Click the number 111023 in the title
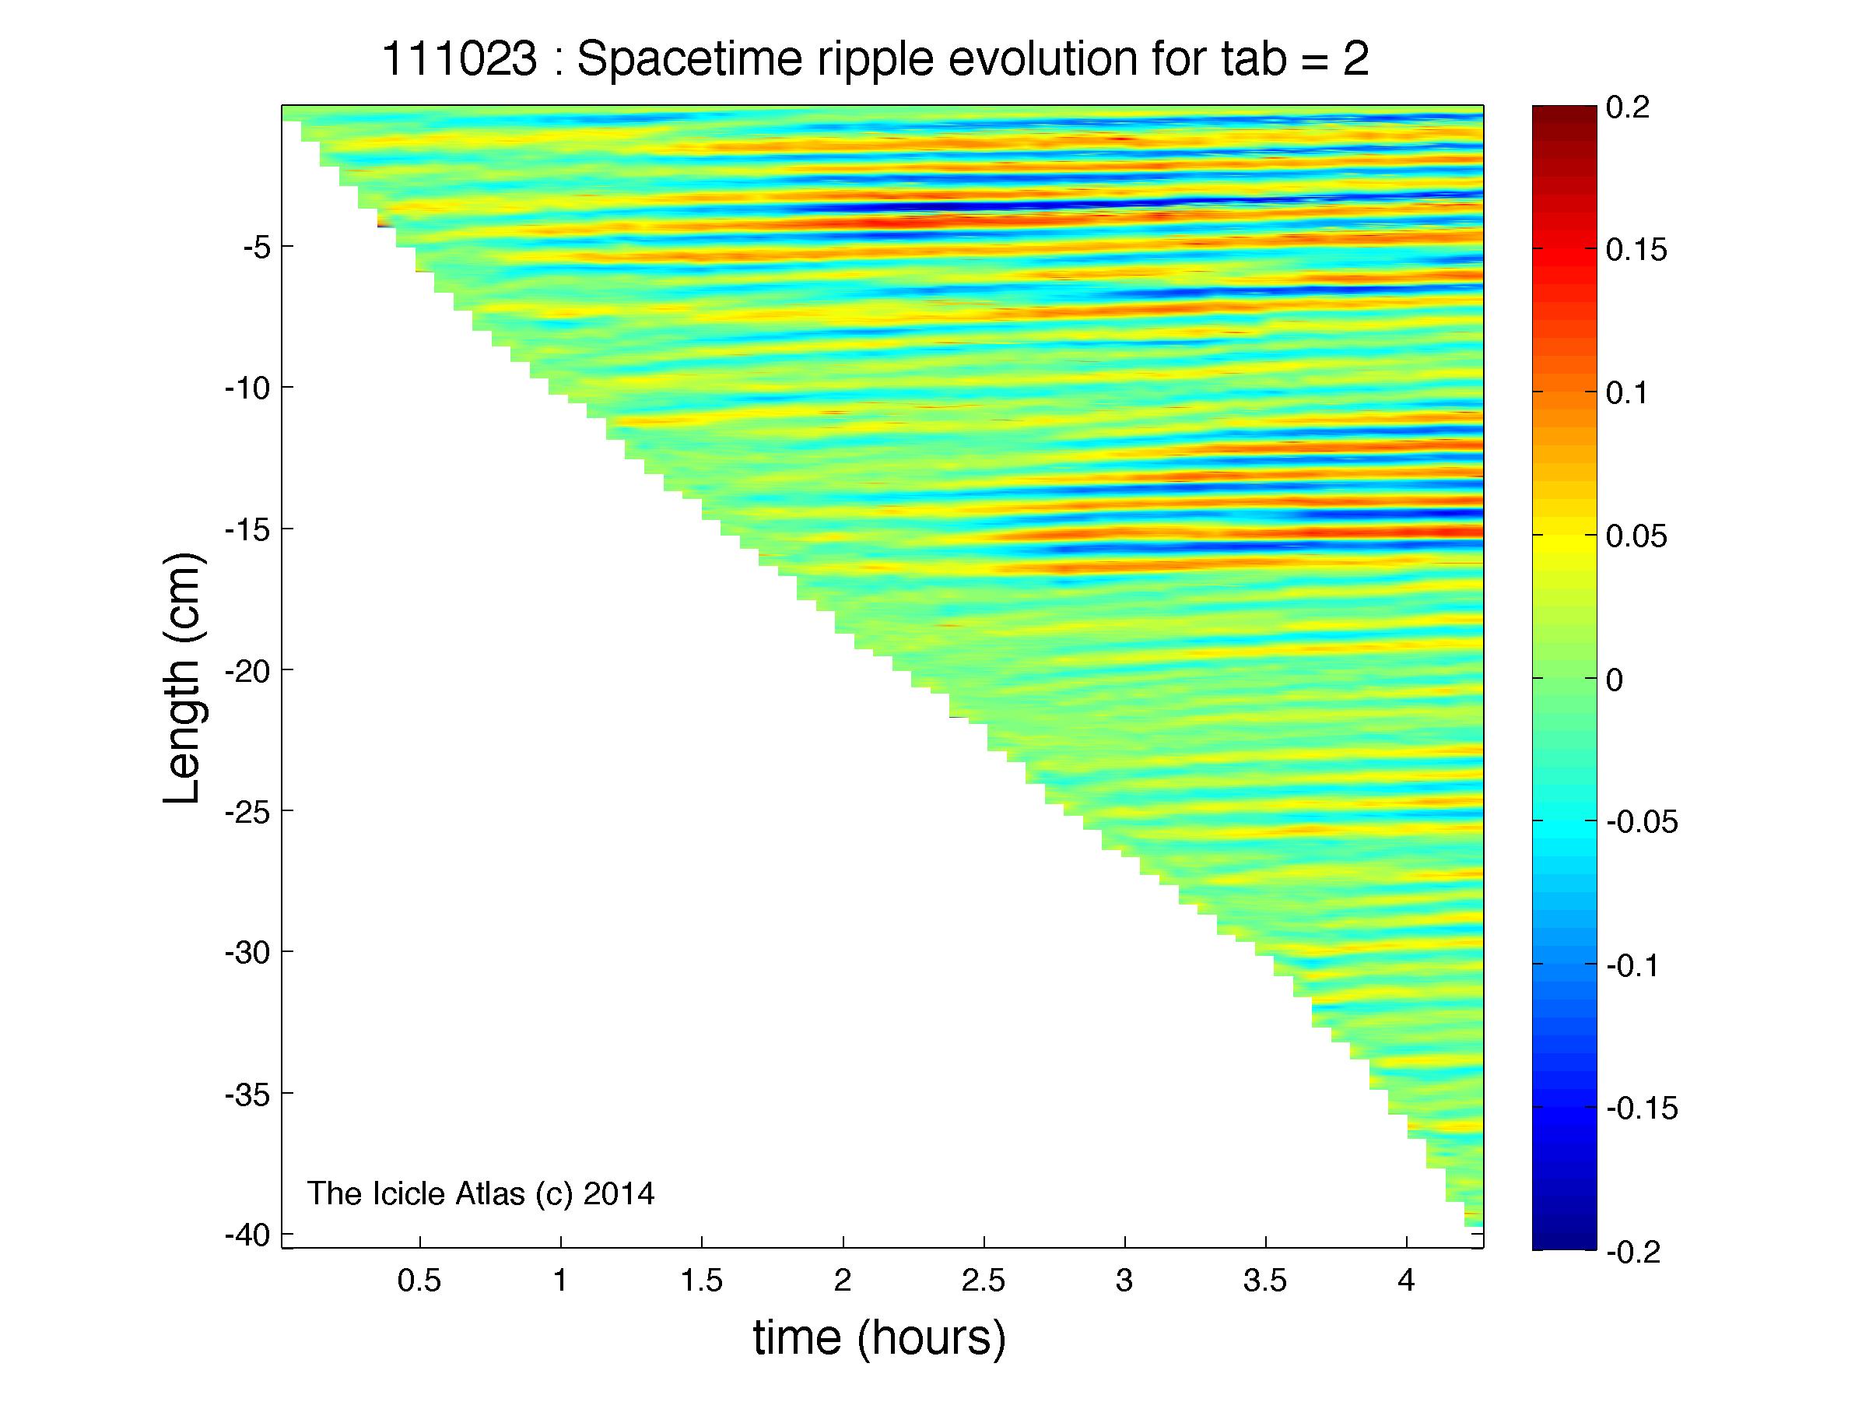tap(459, 60)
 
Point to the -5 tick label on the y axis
tap(256, 248)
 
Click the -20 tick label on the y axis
tap(247, 671)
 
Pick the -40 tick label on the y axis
tap(247, 1235)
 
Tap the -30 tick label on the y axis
tap(247, 954)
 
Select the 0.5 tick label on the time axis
tap(419, 1282)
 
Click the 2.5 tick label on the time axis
tap(984, 1282)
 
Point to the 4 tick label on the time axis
tap(1406, 1282)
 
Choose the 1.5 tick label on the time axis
tap(701, 1282)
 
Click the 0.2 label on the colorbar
tap(1627, 108)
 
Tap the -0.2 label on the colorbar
tap(1632, 1252)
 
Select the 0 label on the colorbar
tap(1614, 680)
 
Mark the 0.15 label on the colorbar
tap(1636, 251)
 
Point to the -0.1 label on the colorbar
tap(1632, 966)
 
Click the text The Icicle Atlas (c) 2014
tap(480, 1193)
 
